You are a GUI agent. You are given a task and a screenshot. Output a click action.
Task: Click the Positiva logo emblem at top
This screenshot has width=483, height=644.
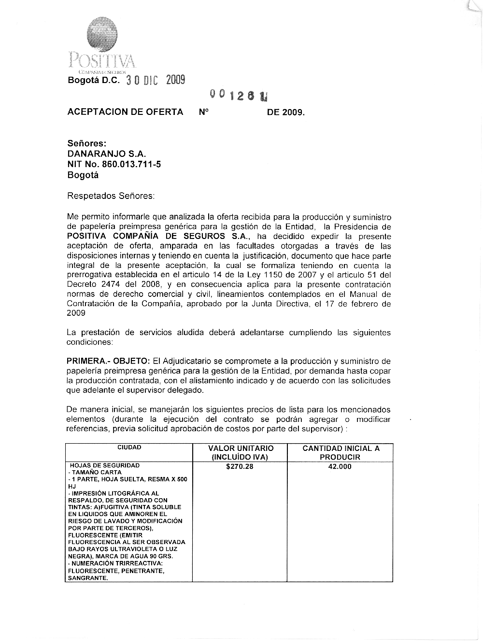(101, 32)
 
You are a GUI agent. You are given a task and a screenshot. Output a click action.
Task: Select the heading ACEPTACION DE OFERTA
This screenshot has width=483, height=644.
(125, 112)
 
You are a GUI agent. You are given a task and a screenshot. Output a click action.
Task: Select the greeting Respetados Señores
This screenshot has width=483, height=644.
(111, 196)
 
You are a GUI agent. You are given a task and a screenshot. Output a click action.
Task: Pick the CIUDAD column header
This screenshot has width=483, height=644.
(129, 448)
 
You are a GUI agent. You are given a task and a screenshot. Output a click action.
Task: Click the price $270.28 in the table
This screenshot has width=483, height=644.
(240, 467)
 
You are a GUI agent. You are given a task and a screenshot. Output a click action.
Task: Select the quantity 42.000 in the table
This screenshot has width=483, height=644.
(340, 467)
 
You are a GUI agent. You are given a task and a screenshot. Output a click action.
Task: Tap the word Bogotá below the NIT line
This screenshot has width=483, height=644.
(83, 175)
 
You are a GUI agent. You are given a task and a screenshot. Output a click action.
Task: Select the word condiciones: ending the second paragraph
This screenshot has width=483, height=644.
(90, 342)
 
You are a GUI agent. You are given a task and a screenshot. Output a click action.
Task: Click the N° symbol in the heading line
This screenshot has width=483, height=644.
(203, 112)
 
